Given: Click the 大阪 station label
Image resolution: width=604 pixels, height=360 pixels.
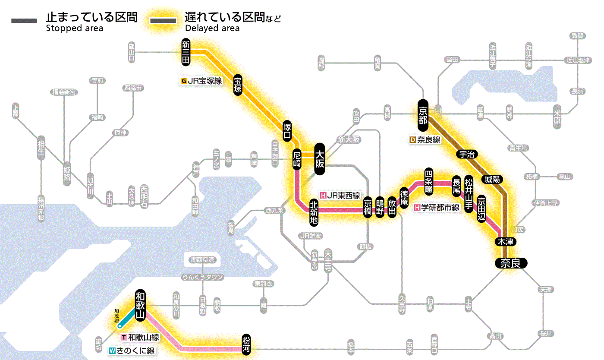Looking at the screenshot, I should pos(320,159).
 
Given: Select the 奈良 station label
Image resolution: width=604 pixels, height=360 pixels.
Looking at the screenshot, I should pos(511,263).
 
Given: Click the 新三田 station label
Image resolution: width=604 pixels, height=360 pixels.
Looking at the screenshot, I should pos(186,53).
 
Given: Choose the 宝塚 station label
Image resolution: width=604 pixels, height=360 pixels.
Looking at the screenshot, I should pos(238,85).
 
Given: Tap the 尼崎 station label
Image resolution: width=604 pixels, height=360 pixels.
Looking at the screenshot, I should pos(297,160).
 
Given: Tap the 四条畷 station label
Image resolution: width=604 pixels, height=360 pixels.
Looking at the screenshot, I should pos(428,180).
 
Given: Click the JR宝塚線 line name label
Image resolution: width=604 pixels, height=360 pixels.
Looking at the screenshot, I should pos(202,81).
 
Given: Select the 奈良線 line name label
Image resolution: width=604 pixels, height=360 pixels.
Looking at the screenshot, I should pos(425,140).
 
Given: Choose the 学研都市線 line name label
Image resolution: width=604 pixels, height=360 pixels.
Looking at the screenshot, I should pos(437,207).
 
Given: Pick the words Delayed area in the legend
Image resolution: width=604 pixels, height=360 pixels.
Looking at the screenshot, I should pos(212,28).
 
